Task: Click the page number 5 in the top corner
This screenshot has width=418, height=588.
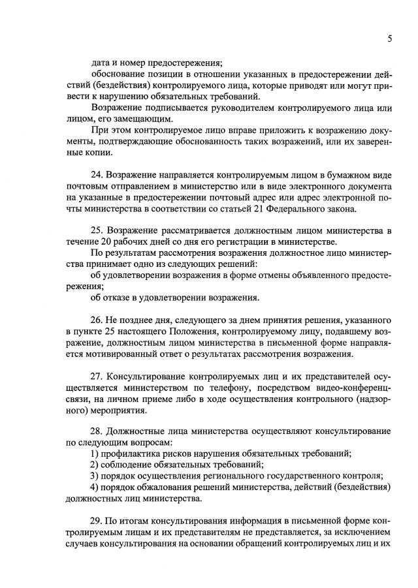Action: point(389,39)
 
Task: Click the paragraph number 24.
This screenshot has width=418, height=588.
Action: point(97,176)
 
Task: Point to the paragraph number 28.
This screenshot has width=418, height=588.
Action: point(97,433)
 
